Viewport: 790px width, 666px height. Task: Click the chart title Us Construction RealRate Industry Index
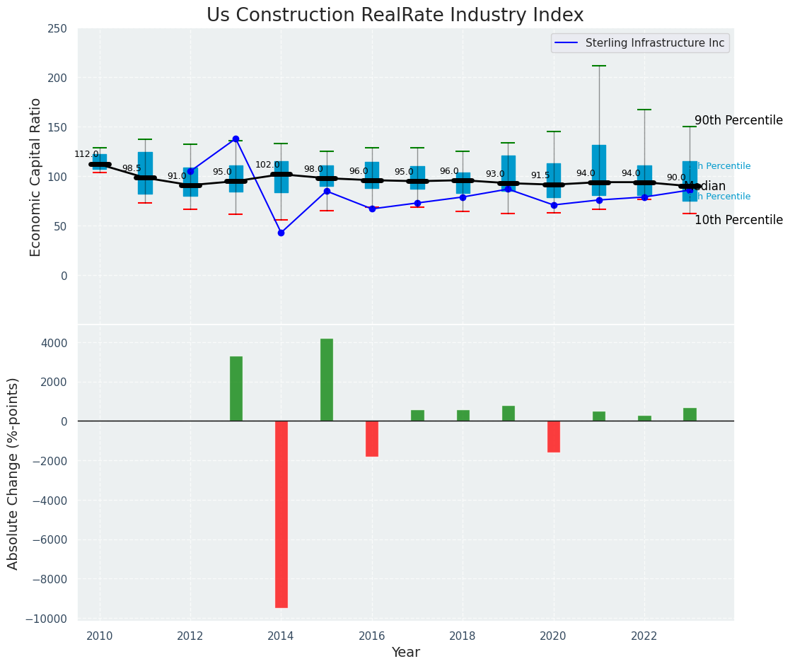pyautogui.click(x=395, y=16)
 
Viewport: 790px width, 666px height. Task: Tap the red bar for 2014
pyautogui.click(x=281, y=514)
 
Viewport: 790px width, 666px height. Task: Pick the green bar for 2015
pyautogui.click(x=327, y=380)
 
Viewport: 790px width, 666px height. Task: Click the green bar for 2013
pyautogui.click(x=236, y=389)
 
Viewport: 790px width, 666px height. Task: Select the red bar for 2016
pyautogui.click(x=372, y=438)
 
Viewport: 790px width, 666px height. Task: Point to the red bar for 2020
pyautogui.click(x=554, y=436)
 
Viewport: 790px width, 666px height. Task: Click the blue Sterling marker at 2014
pyautogui.click(x=281, y=233)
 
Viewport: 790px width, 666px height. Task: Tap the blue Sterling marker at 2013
pyautogui.click(x=236, y=139)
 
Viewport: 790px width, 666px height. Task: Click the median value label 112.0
pyautogui.click(x=86, y=154)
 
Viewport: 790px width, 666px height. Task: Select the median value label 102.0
pyautogui.click(x=267, y=165)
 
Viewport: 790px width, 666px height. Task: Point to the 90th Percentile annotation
pyautogui.click(x=738, y=120)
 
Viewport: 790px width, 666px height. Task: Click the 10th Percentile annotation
pyautogui.click(x=738, y=220)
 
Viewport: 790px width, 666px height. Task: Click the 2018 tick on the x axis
pyautogui.click(x=463, y=636)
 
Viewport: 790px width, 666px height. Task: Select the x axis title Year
pyautogui.click(x=405, y=653)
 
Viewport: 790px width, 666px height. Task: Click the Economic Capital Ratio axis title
pyautogui.click(x=36, y=177)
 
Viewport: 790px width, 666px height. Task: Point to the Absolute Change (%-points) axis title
pyautogui.click(x=13, y=473)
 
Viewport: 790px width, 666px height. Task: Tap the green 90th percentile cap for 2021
pyautogui.click(x=599, y=66)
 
